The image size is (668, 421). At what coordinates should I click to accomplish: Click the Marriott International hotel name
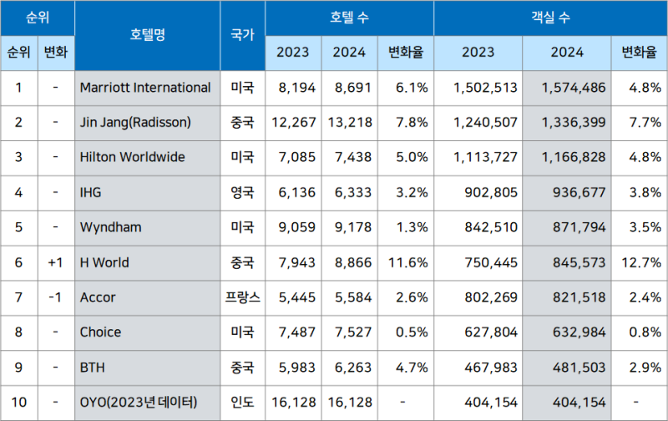pyautogui.click(x=145, y=88)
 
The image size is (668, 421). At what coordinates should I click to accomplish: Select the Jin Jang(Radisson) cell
pyautogui.click(x=135, y=123)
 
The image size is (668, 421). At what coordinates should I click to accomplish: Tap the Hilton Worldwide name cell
pyautogui.click(x=133, y=157)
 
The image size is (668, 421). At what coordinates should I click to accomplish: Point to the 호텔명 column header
pyautogui.click(x=148, y=35)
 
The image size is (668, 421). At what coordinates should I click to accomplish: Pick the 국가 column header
pyautogui.click(x=242, y=35)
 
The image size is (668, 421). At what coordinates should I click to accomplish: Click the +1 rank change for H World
pyautogui.click(x=56, y=262)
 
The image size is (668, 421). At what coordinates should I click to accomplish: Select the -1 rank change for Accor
pyautogui.click(x=56, y=297)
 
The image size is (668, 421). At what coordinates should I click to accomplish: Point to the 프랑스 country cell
pyautogui.click(x=242, y=297)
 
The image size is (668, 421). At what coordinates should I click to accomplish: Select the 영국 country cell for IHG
pyautogui.click(x=242, y=192)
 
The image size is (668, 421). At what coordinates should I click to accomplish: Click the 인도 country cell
pyautogui.click(x=242, y=403)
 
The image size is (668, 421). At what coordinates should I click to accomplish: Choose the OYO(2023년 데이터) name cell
pyautogui.click(x=139, y=403)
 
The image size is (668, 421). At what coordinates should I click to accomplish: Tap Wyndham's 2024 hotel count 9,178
pyautogui.click(x=349, y=227)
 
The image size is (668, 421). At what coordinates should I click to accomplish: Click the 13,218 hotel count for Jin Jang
pyautogui.click(x=349, y=123)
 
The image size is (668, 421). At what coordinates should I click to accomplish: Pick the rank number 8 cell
pyautogui.click(x=19, y=332)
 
